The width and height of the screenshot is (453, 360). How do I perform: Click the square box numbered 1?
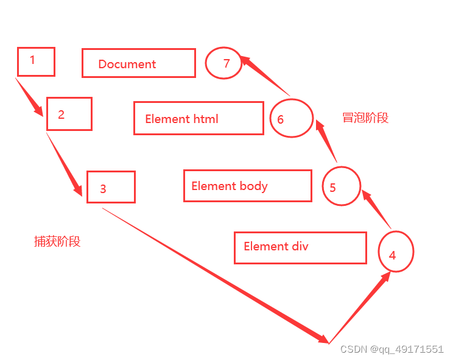pyautogui.click(x=36, y=62)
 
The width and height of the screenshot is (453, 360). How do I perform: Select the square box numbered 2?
pyautogui.click(x=69, y=114)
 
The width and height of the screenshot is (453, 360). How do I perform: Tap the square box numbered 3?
pyautogui.click(x=110, y=187)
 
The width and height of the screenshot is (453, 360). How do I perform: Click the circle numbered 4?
pyautogui.click(x=396, y=252)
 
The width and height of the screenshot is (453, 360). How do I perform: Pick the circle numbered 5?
pyautogui.click(x=342, y=185)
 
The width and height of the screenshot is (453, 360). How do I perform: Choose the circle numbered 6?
pyautogui.click(x=292, y=118)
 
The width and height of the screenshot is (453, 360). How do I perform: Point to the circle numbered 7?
pyautogui.click(x=223, y=63)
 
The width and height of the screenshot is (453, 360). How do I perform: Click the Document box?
pyautogui.click(x=138, y=63)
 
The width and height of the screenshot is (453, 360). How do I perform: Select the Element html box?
pyautogui.click(x=198, y=118)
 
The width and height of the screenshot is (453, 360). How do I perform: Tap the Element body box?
pyautogui.click(x=247, y=186)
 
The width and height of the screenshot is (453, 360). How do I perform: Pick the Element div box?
pyautogui.click(x=300, y=247)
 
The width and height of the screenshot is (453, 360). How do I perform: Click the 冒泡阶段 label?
pyautogui.click(x=365, y=118)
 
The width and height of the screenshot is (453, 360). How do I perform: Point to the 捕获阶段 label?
pyautogui.click(x=57, y=242)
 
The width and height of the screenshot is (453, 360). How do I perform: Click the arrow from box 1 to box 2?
pyautogui.click(x=30, y=97)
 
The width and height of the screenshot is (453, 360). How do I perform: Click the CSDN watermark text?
pyautogui.click(x=392, y=349)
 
